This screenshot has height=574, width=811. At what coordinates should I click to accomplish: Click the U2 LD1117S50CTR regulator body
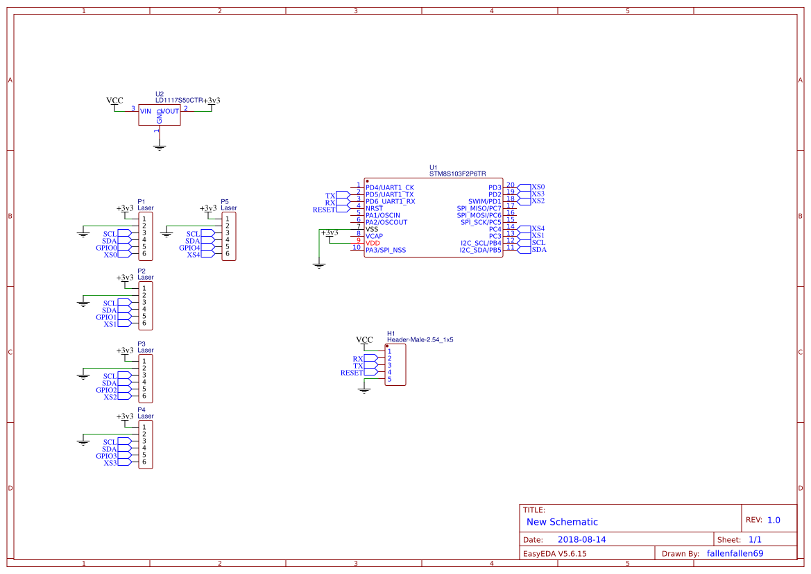click(x=159, y=115)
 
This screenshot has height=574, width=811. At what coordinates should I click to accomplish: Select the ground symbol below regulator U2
click(x=159, y=146)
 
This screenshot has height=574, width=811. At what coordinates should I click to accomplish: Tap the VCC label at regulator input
click(x=114, y=101)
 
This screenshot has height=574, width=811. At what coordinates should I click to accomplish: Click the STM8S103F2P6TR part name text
click(x=457, y=174)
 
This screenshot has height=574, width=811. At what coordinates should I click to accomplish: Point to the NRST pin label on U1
click(x=374, y=208)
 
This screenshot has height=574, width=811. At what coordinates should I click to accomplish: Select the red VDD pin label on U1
click(x=373, y=243)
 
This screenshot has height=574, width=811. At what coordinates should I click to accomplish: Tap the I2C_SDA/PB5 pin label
click(x=480, y=250)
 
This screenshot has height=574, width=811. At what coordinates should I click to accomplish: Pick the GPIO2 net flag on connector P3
click(x=108, y=390)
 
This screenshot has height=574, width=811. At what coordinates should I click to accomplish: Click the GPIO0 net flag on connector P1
click(x=108, y=248)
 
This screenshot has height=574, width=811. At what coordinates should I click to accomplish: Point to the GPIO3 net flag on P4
click(x=108, y=456)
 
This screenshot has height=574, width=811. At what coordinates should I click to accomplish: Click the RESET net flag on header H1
click(x=352, y=373)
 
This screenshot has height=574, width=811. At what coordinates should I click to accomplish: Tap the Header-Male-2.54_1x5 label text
click(x=420, y=340)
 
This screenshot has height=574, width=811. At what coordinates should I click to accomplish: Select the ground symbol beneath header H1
click(x=364, y=390)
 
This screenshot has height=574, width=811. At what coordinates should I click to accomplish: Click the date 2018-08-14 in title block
click(x=581, y=539)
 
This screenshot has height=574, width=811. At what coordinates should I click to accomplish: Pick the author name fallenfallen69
click(x=735, y=553)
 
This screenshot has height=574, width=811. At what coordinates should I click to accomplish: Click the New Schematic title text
click(x=562, y=522)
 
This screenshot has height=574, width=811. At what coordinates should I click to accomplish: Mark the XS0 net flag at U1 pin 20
click(x=538, y=187)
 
